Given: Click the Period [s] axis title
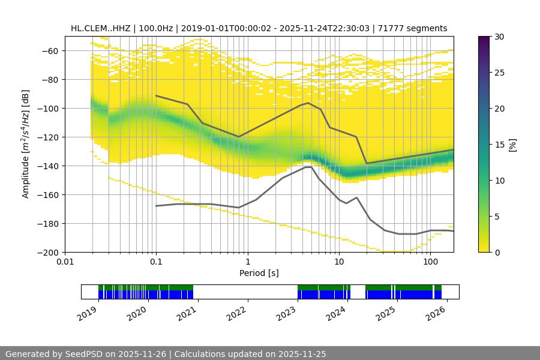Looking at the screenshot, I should pos(259,274).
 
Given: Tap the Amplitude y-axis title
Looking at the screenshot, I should pos(25,144).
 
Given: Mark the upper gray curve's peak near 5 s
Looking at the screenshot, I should pos(308,103).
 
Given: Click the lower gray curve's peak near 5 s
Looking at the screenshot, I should pos(308,167).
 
